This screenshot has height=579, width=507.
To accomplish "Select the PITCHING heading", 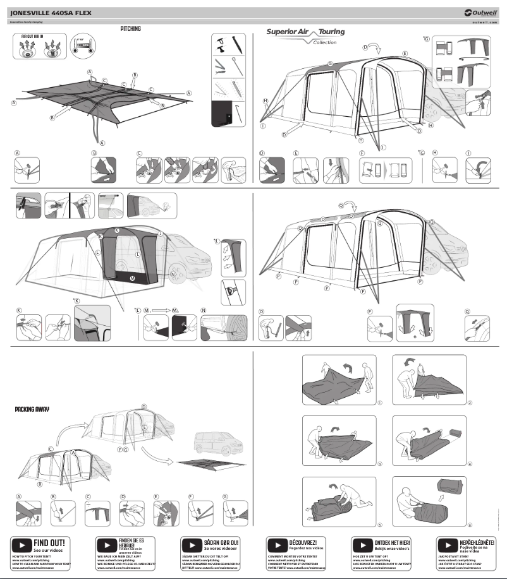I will pyautogui.click(x=130, y=29).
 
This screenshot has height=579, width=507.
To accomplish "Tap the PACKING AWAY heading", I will pyautogui.click(x=32, y=409).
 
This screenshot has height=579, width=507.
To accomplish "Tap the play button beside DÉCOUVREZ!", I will pyautogui.click(x=278, y=545).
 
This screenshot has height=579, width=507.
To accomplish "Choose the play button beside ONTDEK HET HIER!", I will pyautogui.click(x=362, y=545).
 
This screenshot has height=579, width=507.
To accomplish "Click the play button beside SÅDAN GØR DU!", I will pyautogui.click(x=192, y=545).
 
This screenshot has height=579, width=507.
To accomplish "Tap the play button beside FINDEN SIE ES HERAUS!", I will pyautogui.click(x=107, y=545).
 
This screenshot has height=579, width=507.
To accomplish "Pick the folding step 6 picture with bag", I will pyautogui.click(x=432, y=502).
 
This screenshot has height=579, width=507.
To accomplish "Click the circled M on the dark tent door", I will pyautogui.click(x=132, y=278).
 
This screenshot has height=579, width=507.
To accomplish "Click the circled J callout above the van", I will pyautogui.click(x=160, y=234).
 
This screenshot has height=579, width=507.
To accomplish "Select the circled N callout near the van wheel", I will pyautogui.click(x=173, y=275).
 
